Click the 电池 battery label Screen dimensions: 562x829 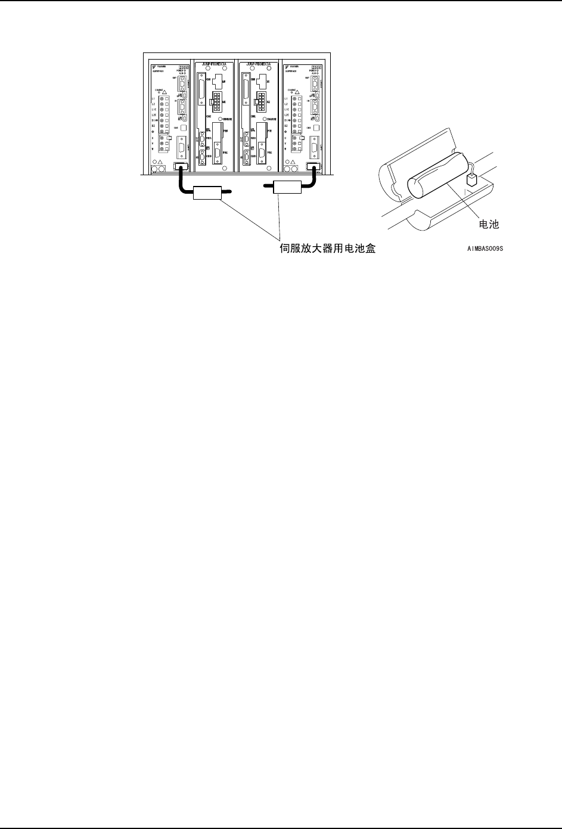point(489,224)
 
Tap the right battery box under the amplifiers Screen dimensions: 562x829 point(288,187)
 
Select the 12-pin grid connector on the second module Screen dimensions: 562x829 point(216,101)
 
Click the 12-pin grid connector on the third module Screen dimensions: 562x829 point(261,99)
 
